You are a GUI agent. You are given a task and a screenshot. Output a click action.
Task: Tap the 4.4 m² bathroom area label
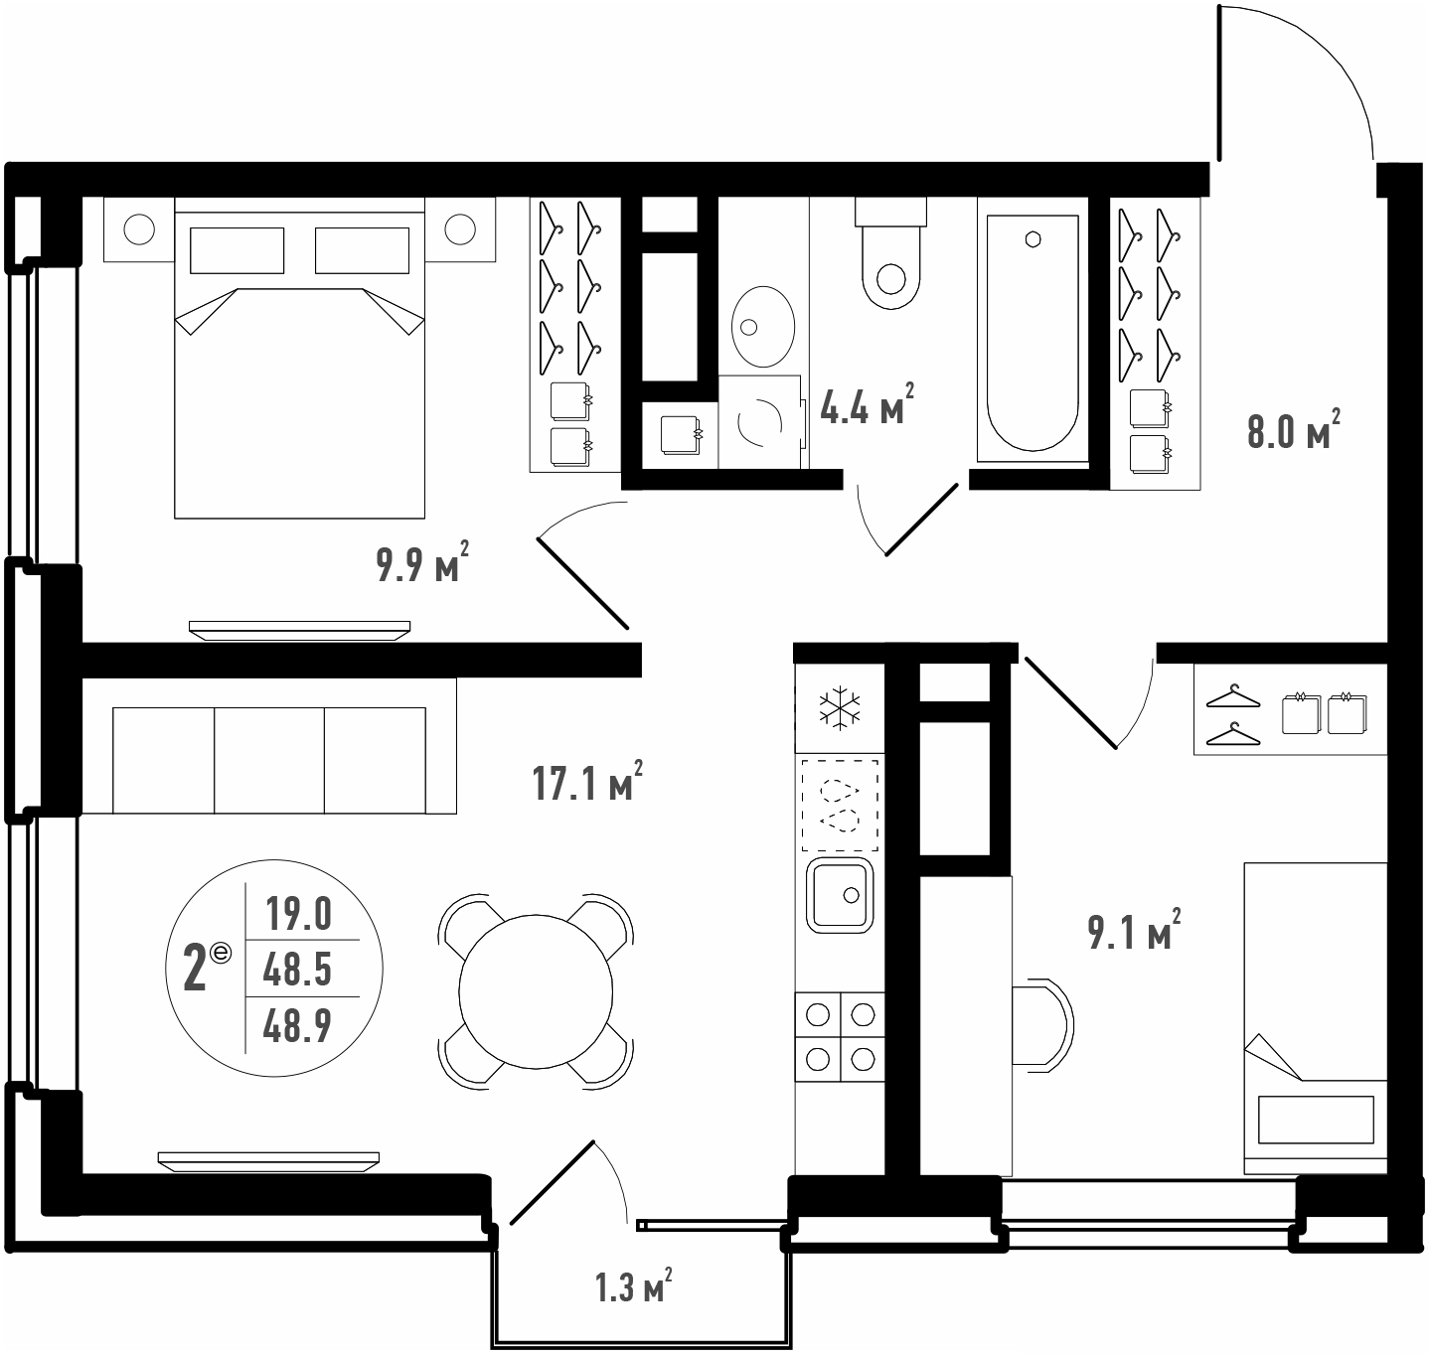click(x=867, y=404)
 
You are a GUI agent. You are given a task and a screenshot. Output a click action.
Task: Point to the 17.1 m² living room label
click(x=587, y=781)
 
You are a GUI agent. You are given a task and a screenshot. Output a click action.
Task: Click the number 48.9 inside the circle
click(x=297, y=1026)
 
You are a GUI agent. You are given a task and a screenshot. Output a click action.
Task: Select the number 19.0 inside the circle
click(x=299, y=914)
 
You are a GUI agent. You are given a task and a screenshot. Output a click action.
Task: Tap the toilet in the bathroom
click(x=891, y=253)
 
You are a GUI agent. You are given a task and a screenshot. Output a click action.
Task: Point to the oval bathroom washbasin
click(x=762, y=326)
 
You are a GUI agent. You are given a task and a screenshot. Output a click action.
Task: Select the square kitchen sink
click(x=840, y=895)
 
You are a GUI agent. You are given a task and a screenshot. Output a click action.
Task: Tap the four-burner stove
click(x=840, y=1037)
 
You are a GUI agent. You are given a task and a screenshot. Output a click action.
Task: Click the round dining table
click(x=536, y=991)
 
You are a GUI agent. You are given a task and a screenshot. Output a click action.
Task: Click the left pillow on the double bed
click(x=237, y=250)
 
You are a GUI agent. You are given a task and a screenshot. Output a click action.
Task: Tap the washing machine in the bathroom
click(x=761, y=422)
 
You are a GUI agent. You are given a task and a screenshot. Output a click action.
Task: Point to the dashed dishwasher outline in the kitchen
click(x=840, y=806)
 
